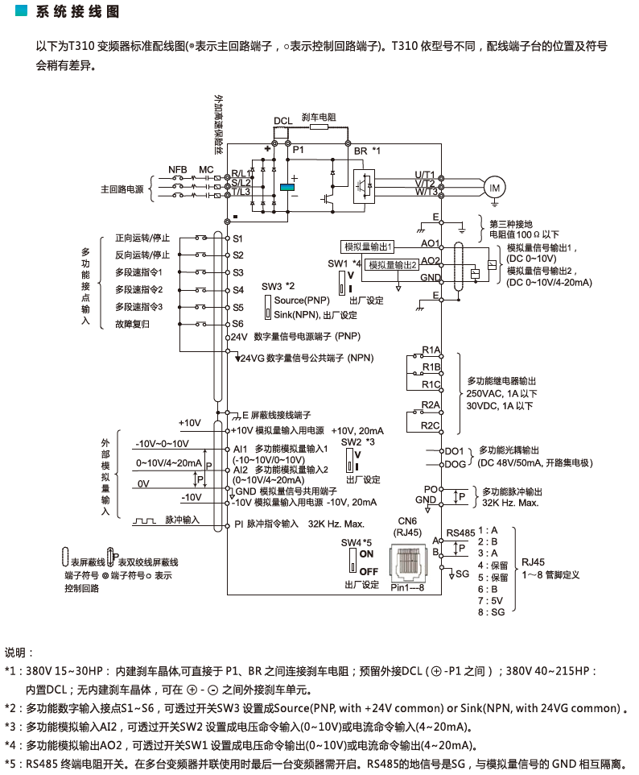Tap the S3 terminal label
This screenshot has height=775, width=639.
[x=238, y=272]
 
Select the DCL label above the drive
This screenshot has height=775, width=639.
[x=282, y=122]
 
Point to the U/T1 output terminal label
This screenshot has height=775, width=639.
[x=424, y=175]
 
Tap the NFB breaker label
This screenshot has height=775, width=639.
[x=177, y=170]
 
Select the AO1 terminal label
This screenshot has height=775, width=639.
[x=430, y=242]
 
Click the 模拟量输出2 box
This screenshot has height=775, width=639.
[x=393, y=264]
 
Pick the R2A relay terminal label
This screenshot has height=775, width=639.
[x=431, y=404]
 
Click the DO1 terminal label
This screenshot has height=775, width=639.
[x=454, y=451]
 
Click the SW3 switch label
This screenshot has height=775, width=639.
[x=272, y=286]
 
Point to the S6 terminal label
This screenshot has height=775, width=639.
[x=238, y=324]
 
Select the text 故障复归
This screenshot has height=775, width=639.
[x=133, y=324]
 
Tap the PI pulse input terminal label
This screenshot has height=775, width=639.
[x=238, y=523]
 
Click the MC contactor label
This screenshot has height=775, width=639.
[x=206, y=170]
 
